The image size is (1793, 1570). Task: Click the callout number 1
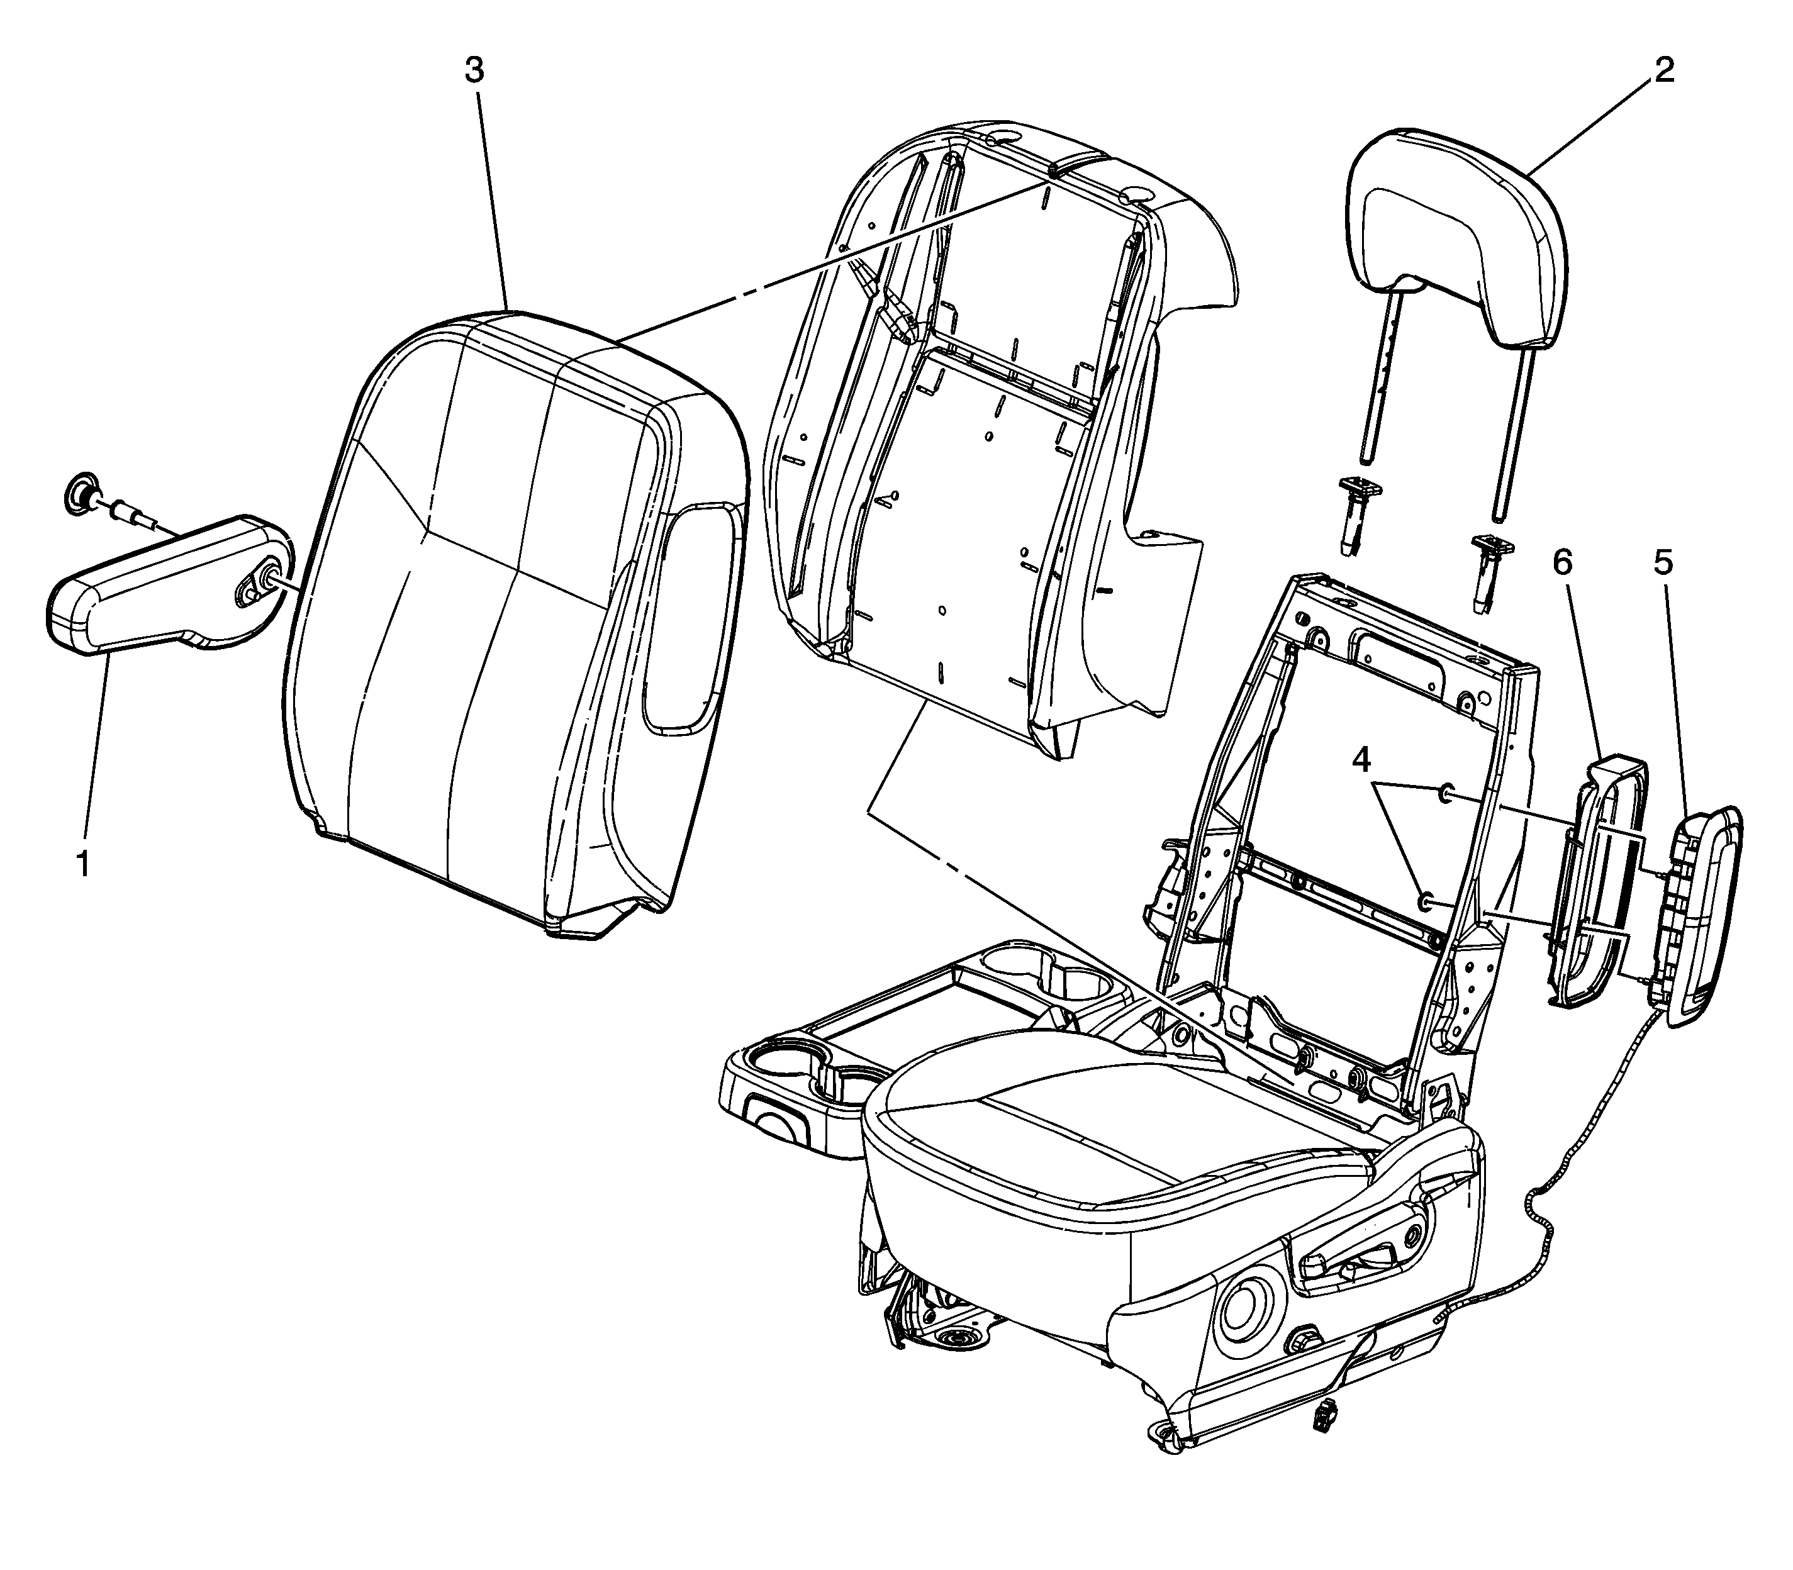pyautogui.click(x=83, y=863)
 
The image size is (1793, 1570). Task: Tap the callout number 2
pyautogui.click(x=1663, y=69)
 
